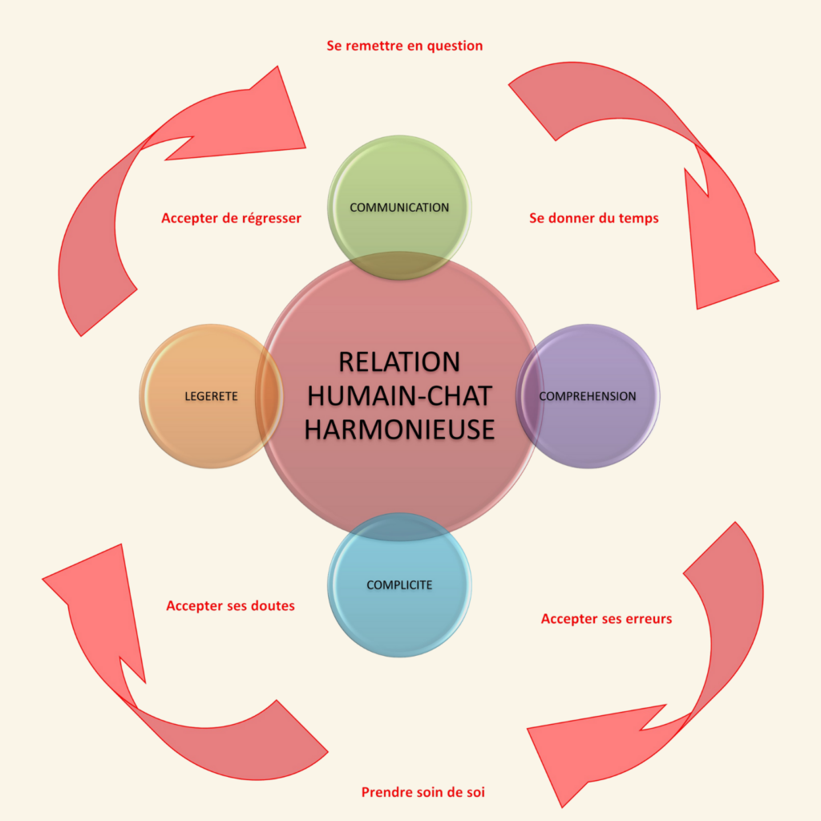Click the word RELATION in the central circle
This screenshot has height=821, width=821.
click(x=399, y=362)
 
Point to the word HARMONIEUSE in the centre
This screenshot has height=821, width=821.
click(x=399, y=429)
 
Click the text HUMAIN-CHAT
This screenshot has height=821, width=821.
click(x=399, y=395)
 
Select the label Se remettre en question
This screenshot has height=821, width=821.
click(x=405, y=46)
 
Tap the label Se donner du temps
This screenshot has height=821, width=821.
click(x=594, y=217)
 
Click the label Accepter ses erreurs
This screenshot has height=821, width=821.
click(x=606, y=619)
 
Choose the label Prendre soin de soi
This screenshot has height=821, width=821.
click(x=423, y=792)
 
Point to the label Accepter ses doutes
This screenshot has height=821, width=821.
click(x=230, y=606)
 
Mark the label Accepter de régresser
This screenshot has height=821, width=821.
click(x=231, y=218)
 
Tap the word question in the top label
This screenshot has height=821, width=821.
click(x=456, y=46)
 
